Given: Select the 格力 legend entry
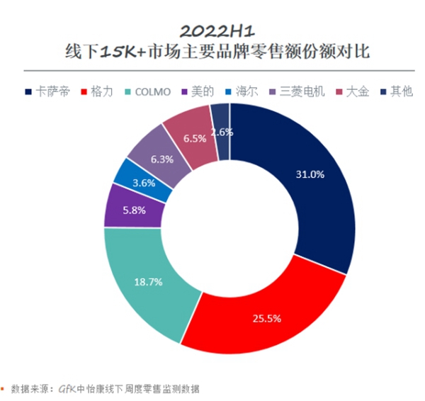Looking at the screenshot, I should pyautogui.click(x=100, y=91).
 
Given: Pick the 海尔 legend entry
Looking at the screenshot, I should pyautogui.click(x=244, y=91).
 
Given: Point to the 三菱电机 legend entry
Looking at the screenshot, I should pyautogui.click(x=297, y=91).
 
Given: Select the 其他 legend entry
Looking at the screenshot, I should pyautogui.click(x=396, y=91).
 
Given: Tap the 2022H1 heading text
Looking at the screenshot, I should pyautogui.click(x=212, y=30).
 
